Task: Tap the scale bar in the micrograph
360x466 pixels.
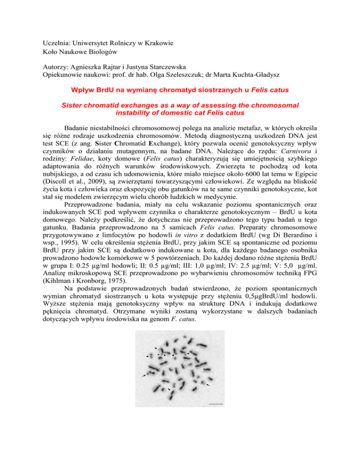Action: coord(216,403)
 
